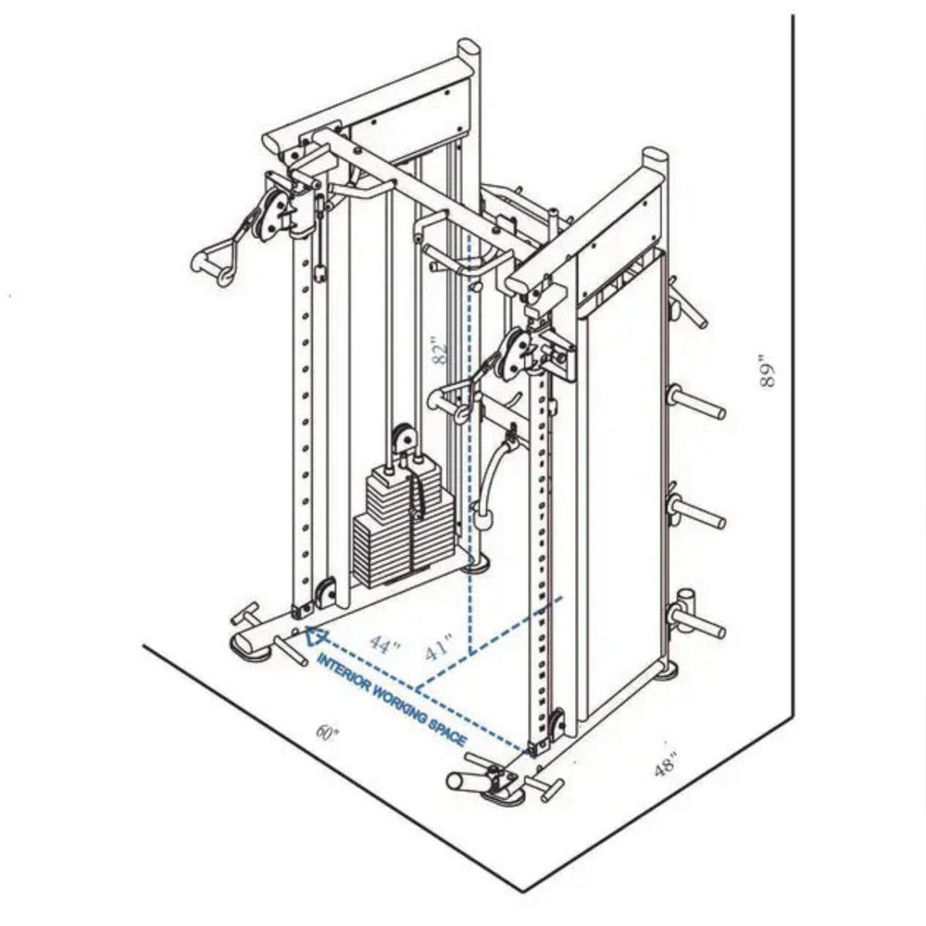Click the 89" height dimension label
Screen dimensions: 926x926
pyautogui.click(x=767, y=371)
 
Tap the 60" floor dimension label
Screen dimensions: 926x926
pyautogui.click(x=327, y=732)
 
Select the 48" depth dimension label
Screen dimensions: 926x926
pyautogui.click(x=666, y=764)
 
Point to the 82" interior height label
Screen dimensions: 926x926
pyautogui.click(x=440, y=351)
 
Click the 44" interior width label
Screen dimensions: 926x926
pyautogui.click(x=384, y=644)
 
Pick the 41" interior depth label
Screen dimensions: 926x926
pyautogui.click(x=439, y=647)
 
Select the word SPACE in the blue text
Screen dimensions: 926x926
pyautogui.click(x=447, y=732)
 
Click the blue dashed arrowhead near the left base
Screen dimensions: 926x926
pyautogui.click(x=316, y=636)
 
